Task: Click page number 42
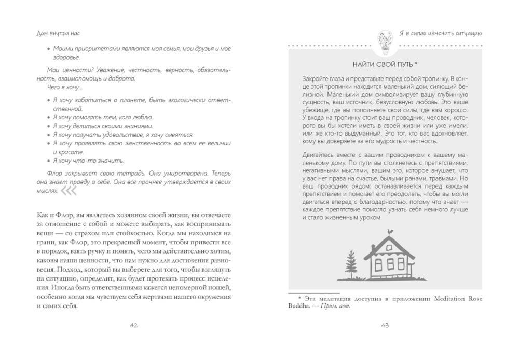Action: click(x=133, y=325)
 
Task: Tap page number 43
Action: click(x=385, y=325)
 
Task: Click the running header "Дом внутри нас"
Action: click(x=56, y=33)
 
